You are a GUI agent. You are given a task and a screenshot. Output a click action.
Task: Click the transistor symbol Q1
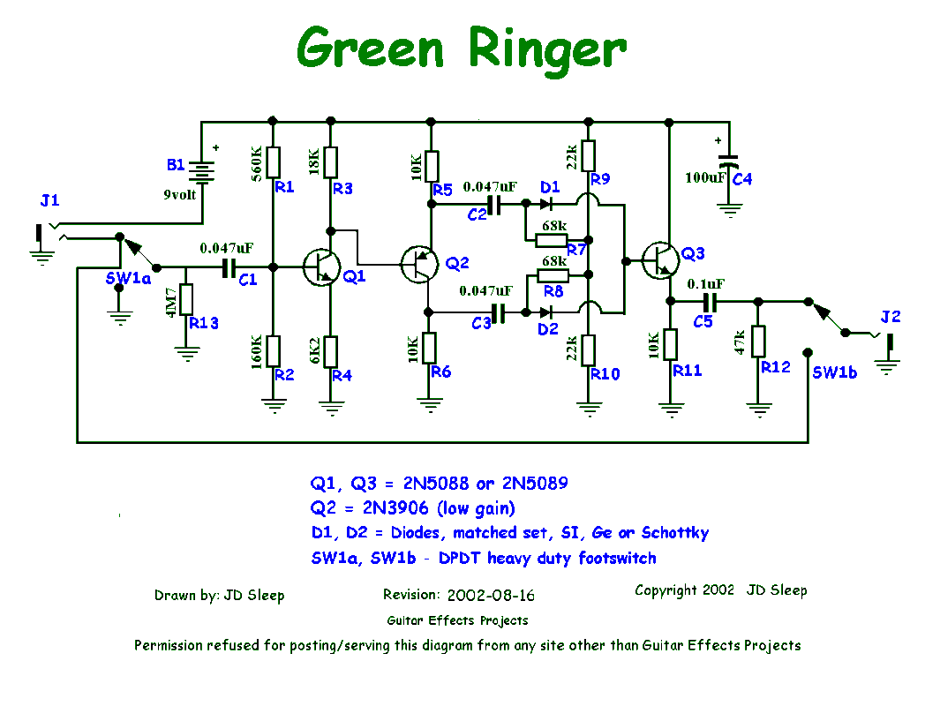pos(320,267)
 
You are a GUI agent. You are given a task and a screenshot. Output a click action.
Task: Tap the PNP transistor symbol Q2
pos(419,262)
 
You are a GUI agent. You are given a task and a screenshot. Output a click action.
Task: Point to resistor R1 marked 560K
pos(273,161)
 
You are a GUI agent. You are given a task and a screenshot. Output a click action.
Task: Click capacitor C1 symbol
pos(228,267)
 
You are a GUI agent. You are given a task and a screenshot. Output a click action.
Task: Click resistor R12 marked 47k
pos(758,342)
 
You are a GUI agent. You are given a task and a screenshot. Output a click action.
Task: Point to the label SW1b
pos(834,373)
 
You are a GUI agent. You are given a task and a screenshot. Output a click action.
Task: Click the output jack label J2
pos(890,317)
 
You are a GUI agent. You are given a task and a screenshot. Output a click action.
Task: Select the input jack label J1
pos(50,201)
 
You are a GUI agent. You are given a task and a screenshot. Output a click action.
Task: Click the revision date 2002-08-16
pos(497,596)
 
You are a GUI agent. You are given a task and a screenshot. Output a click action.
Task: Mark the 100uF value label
pos(706,178)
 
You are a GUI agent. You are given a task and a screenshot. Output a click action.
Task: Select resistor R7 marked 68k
pos(553,240)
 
